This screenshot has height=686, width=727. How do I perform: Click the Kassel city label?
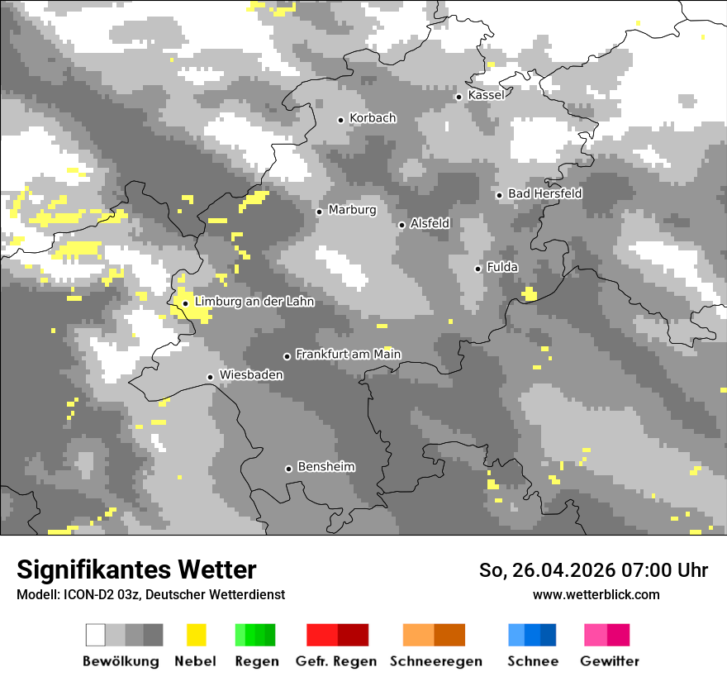coord(486,95)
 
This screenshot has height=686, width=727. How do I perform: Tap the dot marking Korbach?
coord(340,120)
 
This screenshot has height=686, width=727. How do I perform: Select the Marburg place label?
coord(352,210)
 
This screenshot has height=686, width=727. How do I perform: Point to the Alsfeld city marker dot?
coord(402,225)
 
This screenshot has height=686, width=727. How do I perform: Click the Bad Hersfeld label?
coord(544,193)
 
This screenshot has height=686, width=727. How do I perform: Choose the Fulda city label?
coord(502,267)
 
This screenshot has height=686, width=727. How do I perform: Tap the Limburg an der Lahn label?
coord(254,302)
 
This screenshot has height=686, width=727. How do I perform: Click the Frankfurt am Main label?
coord(348,355)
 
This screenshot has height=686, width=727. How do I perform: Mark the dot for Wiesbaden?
coord(211,377)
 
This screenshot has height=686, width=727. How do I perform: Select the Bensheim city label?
coord(325,467)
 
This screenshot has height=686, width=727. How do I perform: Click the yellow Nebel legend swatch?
coord(196,635)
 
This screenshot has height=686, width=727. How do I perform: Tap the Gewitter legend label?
coord(610,661)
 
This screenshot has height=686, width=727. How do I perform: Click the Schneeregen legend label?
coord(436,661)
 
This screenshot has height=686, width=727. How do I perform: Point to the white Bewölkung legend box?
coord(96,635)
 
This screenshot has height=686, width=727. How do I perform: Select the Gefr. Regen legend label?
coord(336,661)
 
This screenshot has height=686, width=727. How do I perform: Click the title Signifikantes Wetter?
coord(136,570)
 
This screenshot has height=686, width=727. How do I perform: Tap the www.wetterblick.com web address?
coord(596,594)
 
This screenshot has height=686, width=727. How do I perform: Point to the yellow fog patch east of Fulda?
coord(530,293)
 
